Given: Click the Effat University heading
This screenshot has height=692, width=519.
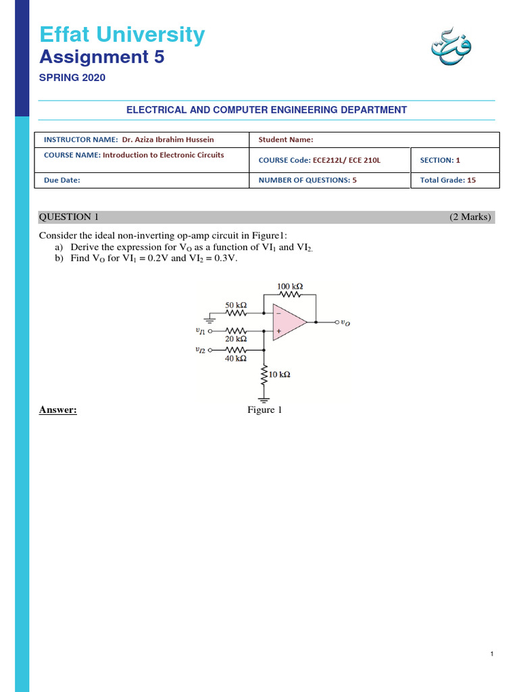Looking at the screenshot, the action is click(x=122, y=34).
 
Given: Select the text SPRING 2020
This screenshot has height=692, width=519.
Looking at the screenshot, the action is click(x=72, y=78).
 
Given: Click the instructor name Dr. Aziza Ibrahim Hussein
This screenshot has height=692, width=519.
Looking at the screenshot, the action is click(x=168, y=139).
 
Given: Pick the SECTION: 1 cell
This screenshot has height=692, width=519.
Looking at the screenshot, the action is click(x=440, y=160).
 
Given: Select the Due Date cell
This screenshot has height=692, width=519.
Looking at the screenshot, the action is click(x=62, y=180).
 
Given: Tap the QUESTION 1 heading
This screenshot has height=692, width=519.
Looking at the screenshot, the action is click(x=69, y=217).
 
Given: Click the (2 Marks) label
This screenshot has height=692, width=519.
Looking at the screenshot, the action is click(x=471, y=217).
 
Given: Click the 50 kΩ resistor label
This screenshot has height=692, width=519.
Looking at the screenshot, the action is click(x=236, y=305).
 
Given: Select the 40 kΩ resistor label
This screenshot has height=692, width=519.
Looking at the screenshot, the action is click(x=236, y=359).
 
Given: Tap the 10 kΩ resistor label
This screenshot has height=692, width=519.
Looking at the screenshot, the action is click(x=280, y=374).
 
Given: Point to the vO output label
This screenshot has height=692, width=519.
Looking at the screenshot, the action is click(x=345, y=323).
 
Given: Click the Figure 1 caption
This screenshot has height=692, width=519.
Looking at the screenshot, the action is click(x=264, y=410).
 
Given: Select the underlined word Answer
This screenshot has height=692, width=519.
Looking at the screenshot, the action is click(x=58, y=410).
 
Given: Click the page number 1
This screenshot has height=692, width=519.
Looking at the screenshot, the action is click(x=493, y=653).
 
